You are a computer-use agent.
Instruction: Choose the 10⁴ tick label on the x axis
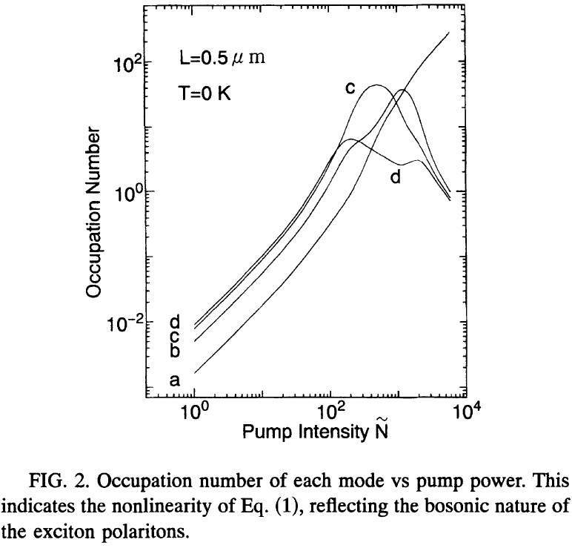(x=464, y=412)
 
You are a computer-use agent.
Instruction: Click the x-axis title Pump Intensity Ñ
(x=315, y=431)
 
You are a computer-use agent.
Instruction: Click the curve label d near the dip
(x=395, y=178)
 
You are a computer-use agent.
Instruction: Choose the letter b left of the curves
(x=176, y=350)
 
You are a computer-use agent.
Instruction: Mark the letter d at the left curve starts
(x=176, y=323)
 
